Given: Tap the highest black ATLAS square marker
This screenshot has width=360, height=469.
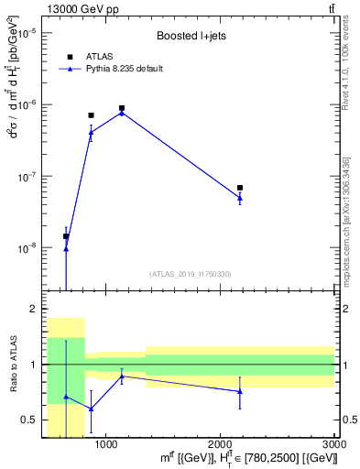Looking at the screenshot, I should point(122,108).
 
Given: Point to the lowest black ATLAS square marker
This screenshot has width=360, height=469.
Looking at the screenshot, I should point(66,236).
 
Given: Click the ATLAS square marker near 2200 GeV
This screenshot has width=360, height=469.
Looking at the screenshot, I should point(240,188).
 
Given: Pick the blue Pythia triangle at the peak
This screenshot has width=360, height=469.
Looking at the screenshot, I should point(122,113).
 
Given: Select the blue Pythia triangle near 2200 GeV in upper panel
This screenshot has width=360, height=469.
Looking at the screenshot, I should point(240,197).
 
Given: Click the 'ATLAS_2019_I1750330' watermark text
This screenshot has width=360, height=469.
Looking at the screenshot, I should point(190,274).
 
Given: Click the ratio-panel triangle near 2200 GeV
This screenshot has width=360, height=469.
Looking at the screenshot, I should point(240,391).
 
